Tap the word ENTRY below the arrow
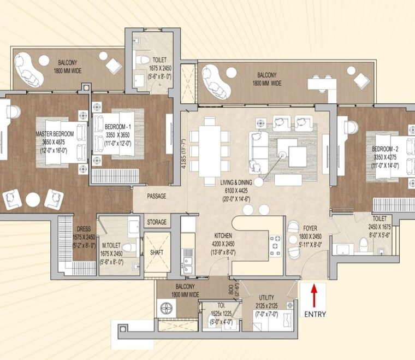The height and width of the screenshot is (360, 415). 315,314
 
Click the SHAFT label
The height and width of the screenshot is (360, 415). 156,253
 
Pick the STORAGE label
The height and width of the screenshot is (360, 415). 156,223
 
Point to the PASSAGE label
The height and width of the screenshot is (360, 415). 156,196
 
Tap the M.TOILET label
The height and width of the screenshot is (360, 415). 111,246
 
